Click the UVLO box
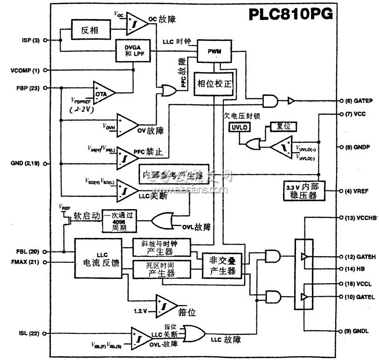(238, 127)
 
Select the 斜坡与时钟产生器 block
(161, 248)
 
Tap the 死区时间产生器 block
(161, 270)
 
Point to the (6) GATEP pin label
(358, 101)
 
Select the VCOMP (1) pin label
(24, 70)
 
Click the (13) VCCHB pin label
(358, 217)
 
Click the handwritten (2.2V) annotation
(83, 110)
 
